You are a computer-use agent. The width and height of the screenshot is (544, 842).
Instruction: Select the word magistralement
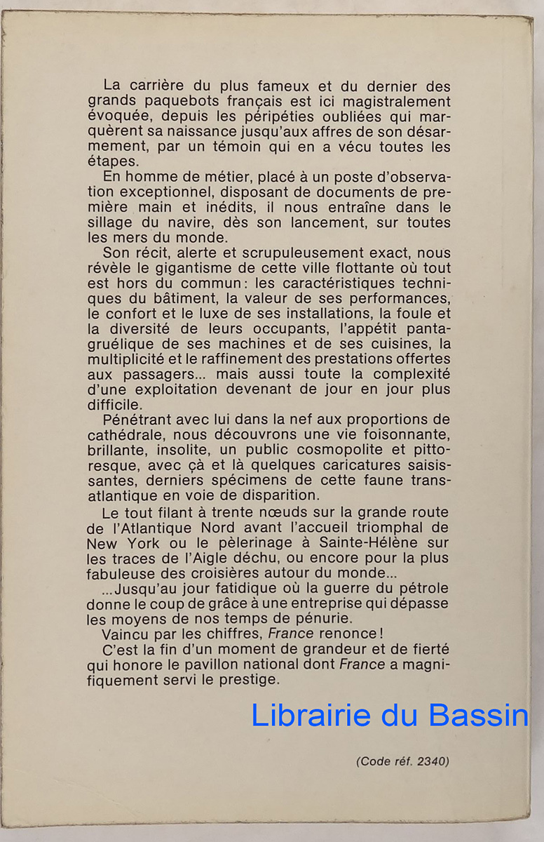pos(387,102)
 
